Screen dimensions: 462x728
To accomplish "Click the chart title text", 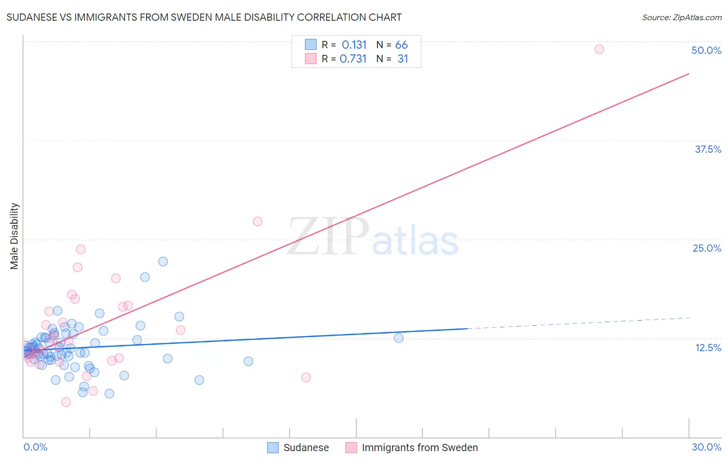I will point(204,17).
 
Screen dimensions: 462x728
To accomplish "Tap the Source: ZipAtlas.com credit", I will point(681,17).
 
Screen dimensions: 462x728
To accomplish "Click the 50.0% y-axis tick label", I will point(706,50).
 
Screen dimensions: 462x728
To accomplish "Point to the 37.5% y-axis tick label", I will point(708,149).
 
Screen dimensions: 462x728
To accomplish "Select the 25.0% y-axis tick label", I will point(707,248).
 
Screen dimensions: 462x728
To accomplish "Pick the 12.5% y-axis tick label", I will point(708,348).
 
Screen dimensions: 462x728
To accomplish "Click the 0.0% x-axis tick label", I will point(35,447).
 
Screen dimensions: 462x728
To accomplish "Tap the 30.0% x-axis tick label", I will point(706,447).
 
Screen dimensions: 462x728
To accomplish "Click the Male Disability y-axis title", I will point(14,236).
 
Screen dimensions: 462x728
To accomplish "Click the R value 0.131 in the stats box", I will point(354,45).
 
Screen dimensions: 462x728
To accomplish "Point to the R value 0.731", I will point(353,59).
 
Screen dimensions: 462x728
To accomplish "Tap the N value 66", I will point(401,45).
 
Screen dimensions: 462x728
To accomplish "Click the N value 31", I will point(402,59).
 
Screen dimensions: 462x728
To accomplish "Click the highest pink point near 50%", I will point(599,49).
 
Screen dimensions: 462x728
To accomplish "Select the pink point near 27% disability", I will point(257,221).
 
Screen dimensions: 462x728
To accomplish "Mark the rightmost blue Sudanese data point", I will point(399,338).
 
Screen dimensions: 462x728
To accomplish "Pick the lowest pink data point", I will point(66,402).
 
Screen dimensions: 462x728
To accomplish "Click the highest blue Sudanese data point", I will point(163,262).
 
